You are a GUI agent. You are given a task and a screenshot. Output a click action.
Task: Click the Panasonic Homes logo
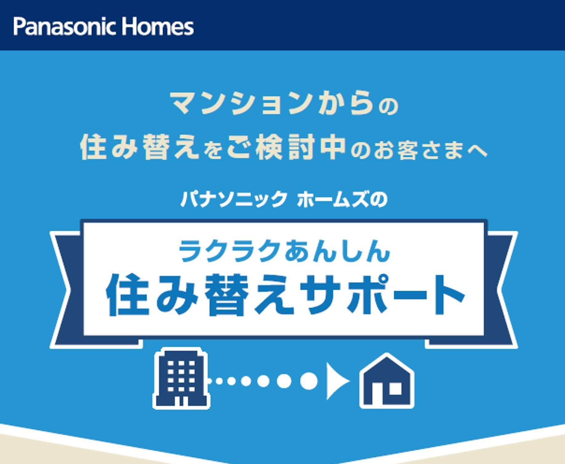coord(103,27)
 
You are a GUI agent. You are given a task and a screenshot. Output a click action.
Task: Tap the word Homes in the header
coord(157,27)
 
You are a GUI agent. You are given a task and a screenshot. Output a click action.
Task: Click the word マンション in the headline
coord(241,103)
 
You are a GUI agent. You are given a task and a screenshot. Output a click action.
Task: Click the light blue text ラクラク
coord(229,251)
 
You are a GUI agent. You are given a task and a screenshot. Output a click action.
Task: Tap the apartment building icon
coord(181,378)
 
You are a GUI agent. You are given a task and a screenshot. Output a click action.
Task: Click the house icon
coord(387,381)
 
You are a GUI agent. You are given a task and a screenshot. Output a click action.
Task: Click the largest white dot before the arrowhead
coord(308,381)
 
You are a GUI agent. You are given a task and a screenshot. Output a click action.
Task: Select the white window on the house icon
coord(395,388)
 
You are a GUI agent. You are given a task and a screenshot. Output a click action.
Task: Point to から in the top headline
coord(346,103)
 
